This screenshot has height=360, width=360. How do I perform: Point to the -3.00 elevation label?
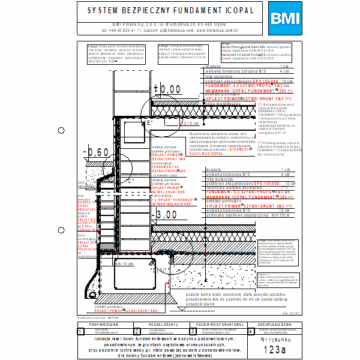tap(160, 215)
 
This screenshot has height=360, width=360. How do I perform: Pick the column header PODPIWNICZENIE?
tap(105, 323)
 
